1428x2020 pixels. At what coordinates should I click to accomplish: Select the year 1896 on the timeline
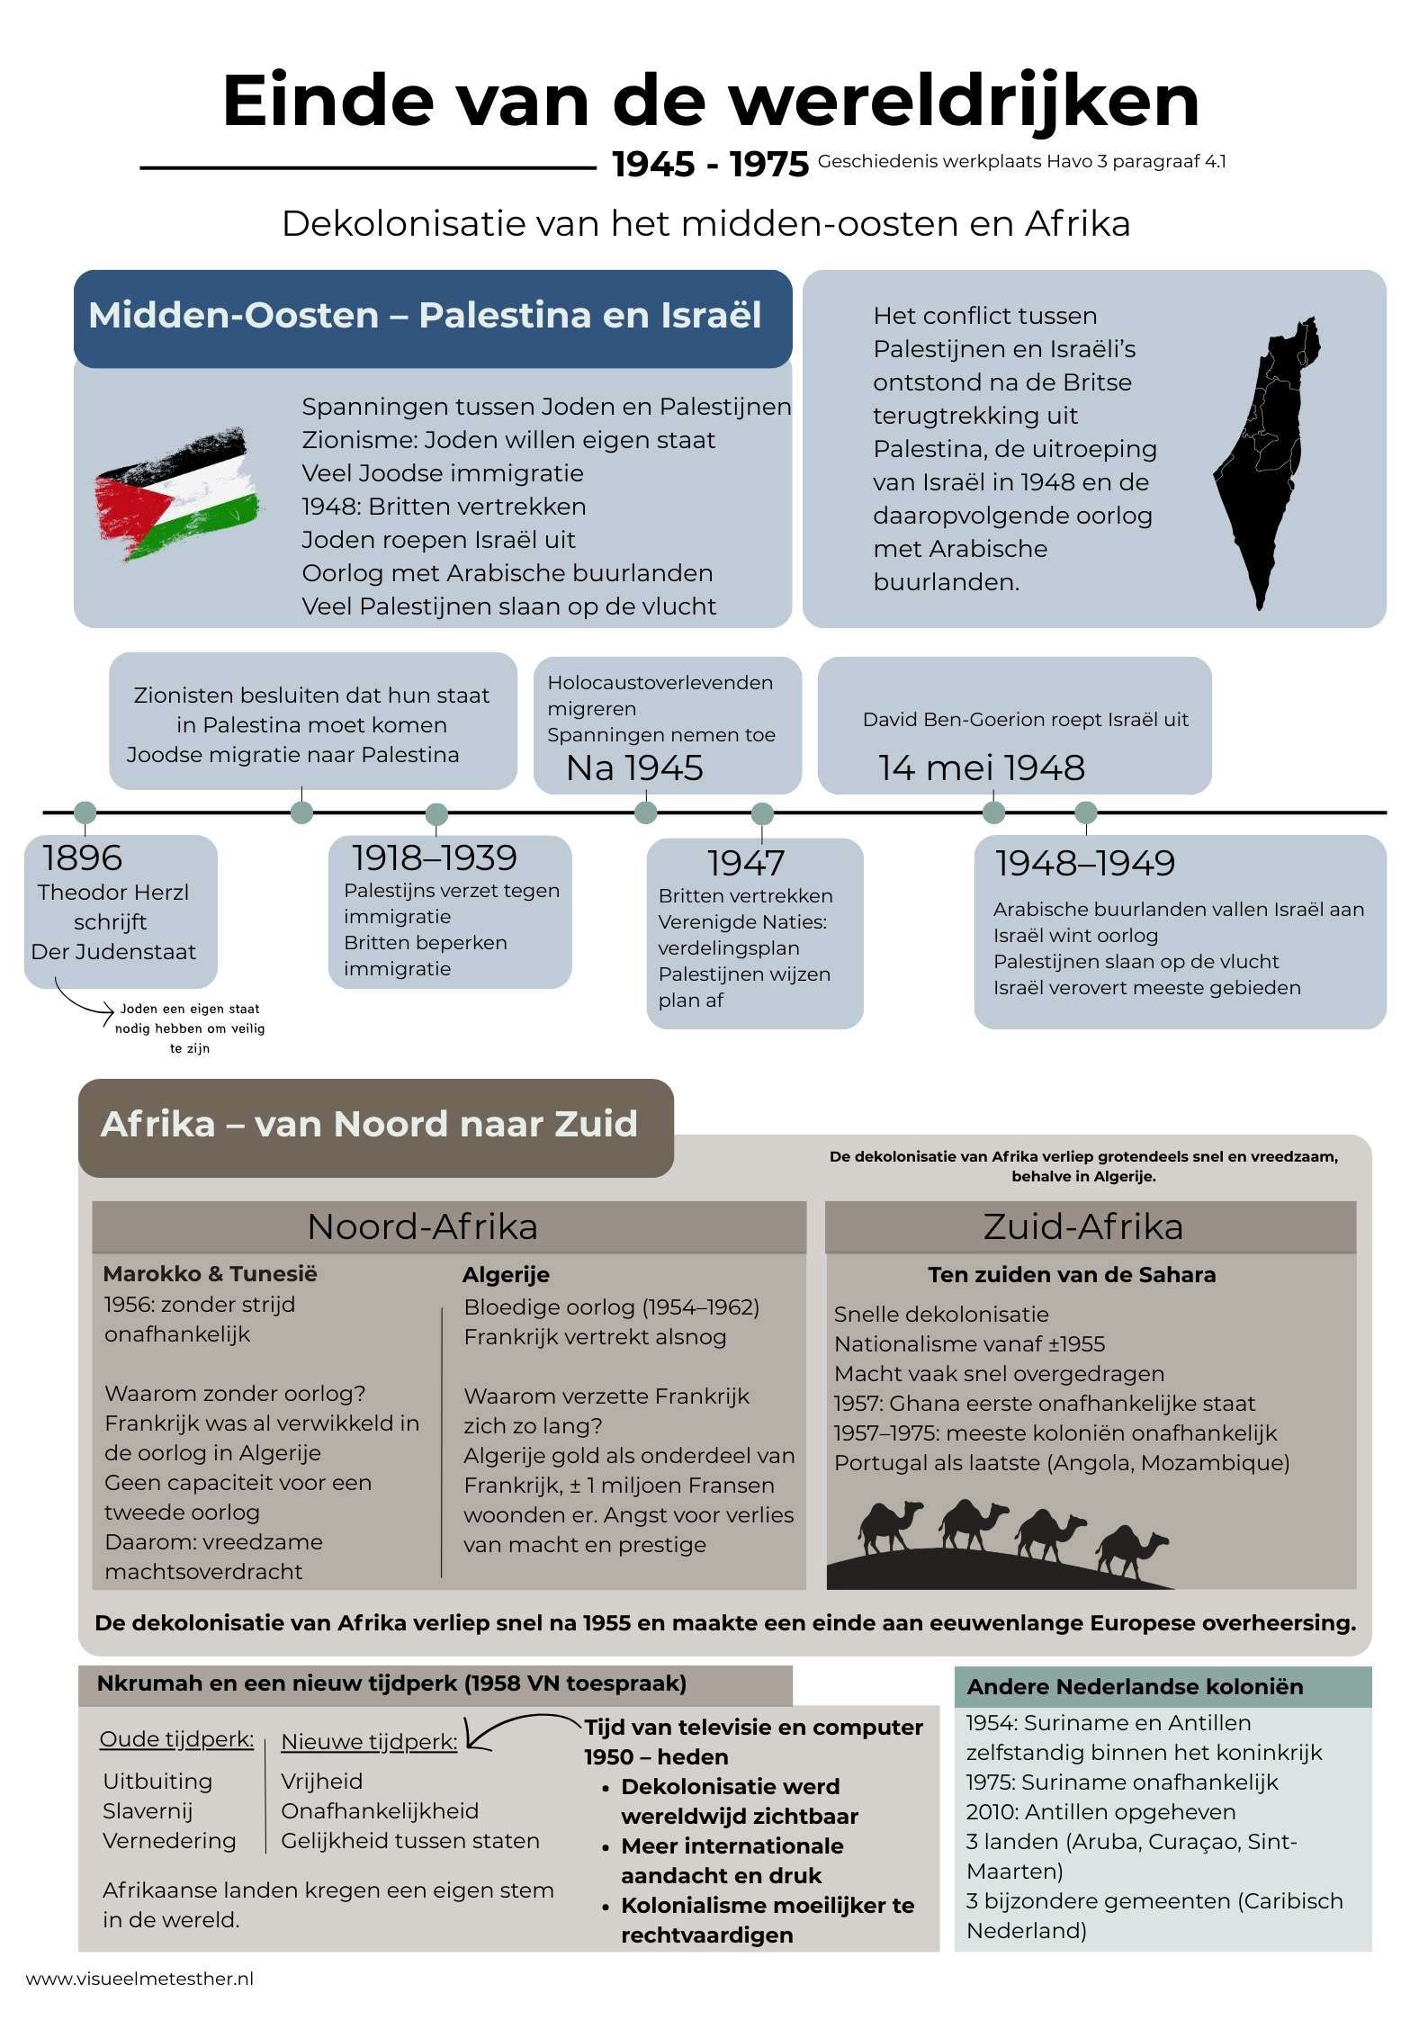(82, 858)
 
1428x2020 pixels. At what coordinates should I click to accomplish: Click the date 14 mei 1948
(981, 768)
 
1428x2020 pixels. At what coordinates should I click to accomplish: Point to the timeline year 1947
(746, 864)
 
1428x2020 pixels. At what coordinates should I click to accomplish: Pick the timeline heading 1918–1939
(434, 858)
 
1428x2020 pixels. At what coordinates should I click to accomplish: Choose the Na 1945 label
(634, 768)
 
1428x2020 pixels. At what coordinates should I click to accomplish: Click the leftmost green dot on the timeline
(85, 812)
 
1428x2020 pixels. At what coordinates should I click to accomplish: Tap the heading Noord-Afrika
(422, 1227)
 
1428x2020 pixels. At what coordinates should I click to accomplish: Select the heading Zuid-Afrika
(1082, 1227)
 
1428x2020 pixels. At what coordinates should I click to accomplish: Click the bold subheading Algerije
(506, 1275)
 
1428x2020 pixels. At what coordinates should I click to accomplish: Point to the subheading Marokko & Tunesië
(210, 1274)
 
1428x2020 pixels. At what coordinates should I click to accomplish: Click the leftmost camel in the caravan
(890, 1525)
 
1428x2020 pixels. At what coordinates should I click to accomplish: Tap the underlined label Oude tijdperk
(176, 1739)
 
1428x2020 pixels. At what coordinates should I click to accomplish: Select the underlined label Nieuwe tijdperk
(369, 1742)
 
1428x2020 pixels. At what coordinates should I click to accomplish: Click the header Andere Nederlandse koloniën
(1135, 1687)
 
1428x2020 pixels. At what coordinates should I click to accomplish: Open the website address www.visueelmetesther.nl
(139, 1979)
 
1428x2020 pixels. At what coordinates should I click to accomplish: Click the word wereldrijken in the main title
(964, 101)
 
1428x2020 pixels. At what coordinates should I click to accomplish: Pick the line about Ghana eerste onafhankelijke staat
(1044, 1404)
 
